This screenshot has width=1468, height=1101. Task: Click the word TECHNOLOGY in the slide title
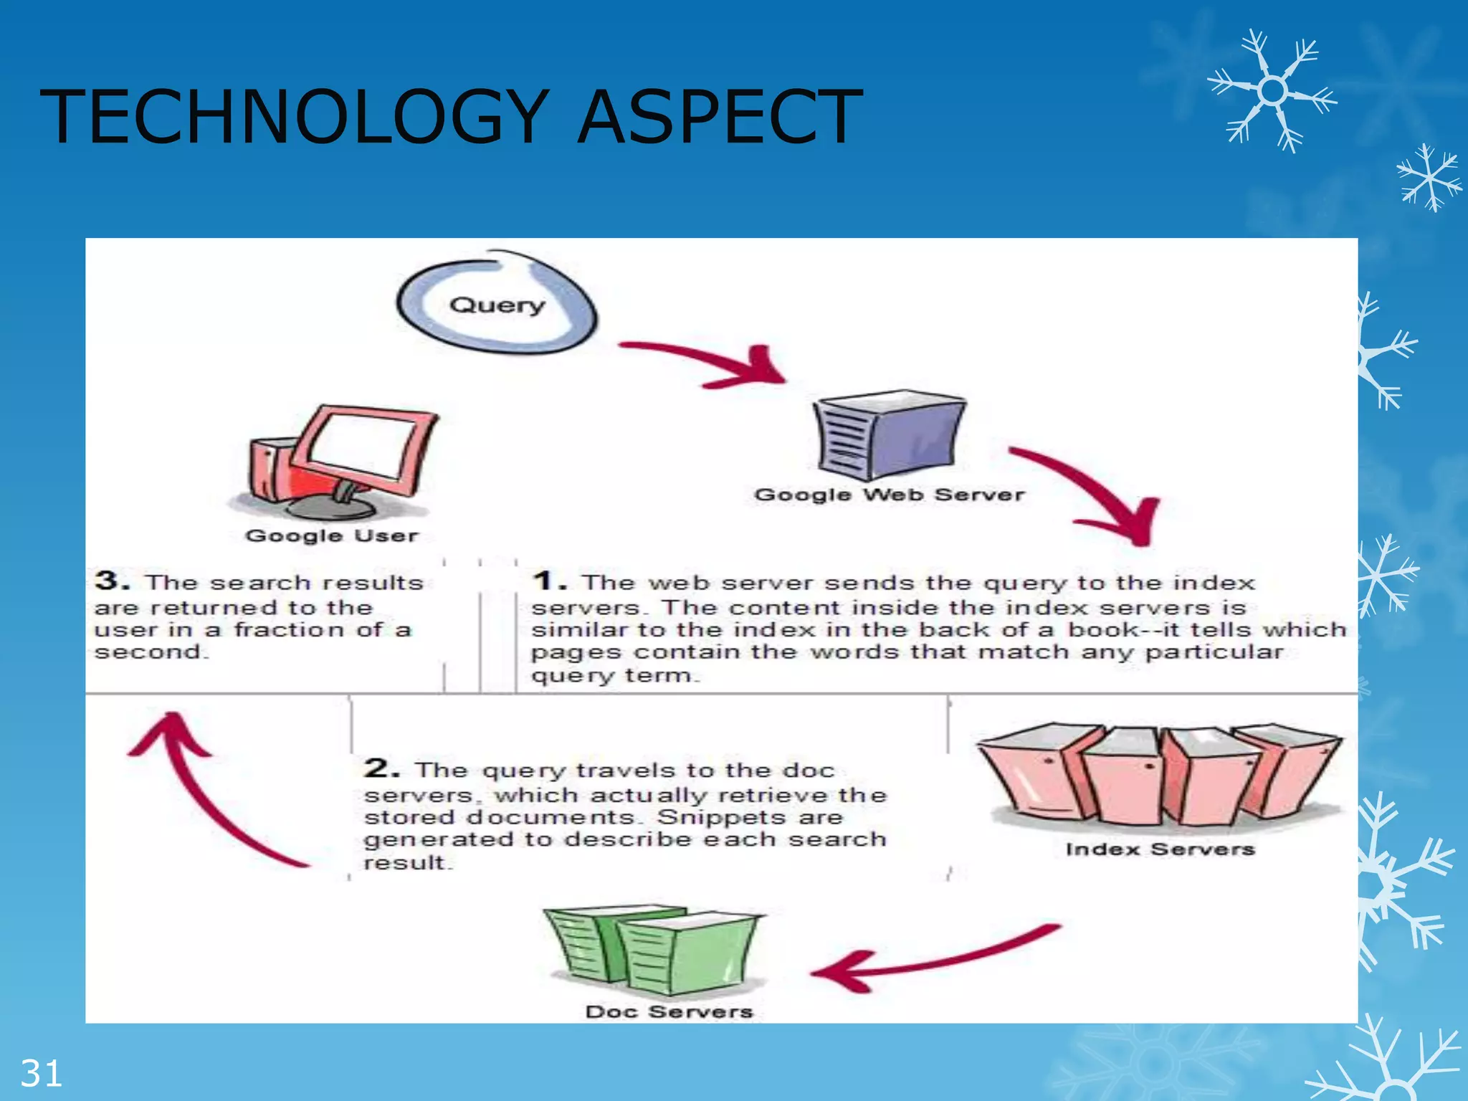294,116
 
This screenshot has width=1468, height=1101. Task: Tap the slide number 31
41,1074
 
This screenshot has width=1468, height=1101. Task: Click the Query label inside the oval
497,305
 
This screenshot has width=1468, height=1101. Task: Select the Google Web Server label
890,495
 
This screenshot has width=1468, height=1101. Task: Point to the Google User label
331,535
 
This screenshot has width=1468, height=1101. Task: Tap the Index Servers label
1160,849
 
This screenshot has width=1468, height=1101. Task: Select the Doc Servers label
669,1011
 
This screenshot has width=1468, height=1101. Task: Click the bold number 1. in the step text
548,581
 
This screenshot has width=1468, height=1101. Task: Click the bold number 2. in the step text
381,768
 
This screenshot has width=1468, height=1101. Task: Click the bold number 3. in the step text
112,581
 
